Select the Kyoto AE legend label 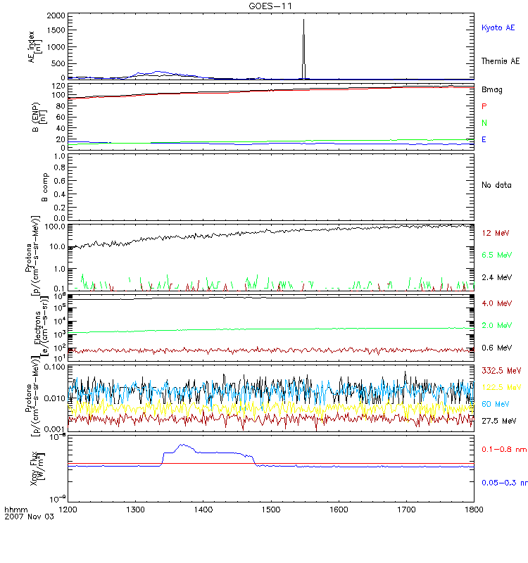click(498, 27)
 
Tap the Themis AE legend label click(500, 61)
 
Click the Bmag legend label click(491, 89)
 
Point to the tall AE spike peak click(303, 19)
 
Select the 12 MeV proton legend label click(494, 232)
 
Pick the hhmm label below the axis click(13, 508)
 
